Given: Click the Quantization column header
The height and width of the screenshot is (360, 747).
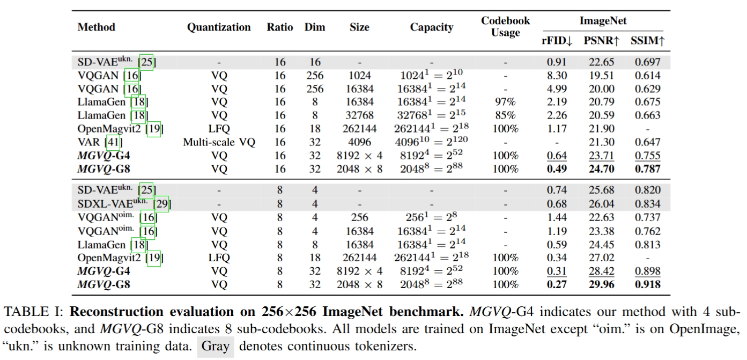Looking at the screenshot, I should [218, 27].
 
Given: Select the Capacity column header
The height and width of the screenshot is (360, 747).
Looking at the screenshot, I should [431, 27].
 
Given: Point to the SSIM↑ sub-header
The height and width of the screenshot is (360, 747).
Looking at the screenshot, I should [647, 41].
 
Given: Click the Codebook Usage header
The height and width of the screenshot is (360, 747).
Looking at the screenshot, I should [505, 27].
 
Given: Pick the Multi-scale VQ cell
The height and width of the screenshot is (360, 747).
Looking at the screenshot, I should [219, 142].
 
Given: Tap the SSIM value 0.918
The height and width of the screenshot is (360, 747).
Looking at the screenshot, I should [647, 284].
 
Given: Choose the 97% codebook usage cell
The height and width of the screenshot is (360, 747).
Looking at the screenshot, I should [506, 102].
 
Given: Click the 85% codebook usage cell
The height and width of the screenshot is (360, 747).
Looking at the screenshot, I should [506, 115].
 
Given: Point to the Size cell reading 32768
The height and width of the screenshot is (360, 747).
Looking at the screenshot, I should [359, 115].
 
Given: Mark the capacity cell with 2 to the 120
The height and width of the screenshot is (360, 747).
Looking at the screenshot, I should [431, 142].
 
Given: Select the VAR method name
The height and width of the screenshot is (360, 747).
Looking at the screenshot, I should [90, 142].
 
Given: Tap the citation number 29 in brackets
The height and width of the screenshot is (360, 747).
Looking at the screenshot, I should [161, 204].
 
